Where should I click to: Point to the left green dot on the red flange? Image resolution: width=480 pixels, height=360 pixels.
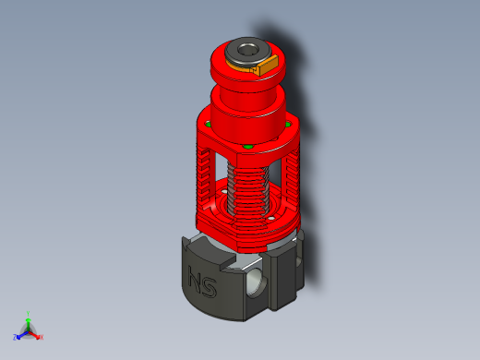pyautogui.click(x=210, y=124)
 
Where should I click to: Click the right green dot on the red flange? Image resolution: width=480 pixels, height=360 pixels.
pyautogui.click(x=288, y=124)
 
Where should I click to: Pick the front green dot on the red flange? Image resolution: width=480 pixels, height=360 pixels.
pyautogui.click(x=249, y=147)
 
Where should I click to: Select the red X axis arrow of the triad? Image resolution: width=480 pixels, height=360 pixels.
pyautogui.click(x=36, y=334)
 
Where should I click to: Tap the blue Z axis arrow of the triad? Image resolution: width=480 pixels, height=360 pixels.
pyautogui.click(x=20, y=335)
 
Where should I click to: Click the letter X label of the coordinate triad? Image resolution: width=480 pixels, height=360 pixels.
pyautogui.click(x=42, y=337)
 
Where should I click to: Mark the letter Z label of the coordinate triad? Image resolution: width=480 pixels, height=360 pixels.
pyautogui.click(x=16, y=338)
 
